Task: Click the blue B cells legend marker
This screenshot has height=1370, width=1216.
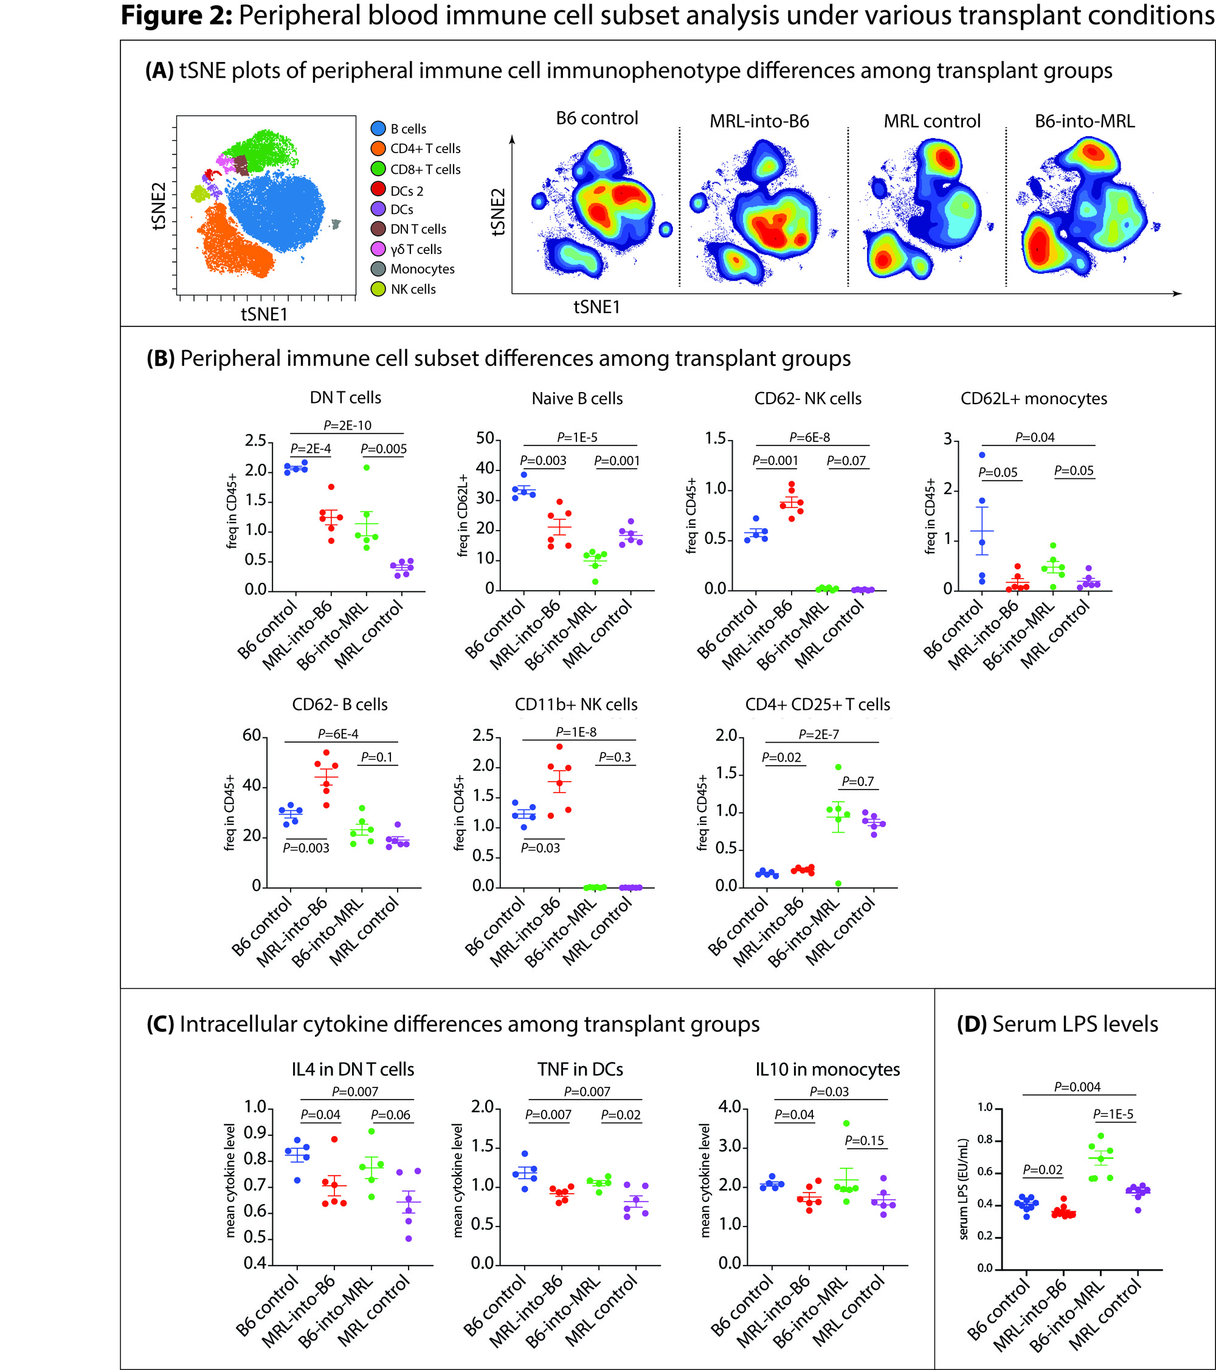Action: pyautogui.click(x=378, y=128)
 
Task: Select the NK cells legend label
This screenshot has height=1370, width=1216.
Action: pyautogui.click(x=413, y=289)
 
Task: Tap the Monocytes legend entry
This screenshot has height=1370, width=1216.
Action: pyautogui.click(x=423, y=269)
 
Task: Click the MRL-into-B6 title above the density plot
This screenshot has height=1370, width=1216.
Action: pyautogui.click(x=759, y=122)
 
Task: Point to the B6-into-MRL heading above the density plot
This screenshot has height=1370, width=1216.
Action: pyautogui.click(x=1084, y=122)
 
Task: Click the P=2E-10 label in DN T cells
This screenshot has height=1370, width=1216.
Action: pyautogui.click(x=347, y=425)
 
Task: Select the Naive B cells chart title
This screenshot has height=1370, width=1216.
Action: pyautogui.click(x=577, y=399)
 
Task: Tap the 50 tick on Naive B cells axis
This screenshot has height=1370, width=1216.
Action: pyautogui.click(x=485, y=439)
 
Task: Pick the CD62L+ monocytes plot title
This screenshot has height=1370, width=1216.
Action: pyautogui.click(x=1034, y=399)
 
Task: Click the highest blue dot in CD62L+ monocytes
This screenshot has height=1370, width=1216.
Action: pyautogui.click(x=982, y=455)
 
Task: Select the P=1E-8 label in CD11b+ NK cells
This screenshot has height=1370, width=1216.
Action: pyautogui.click(x=576, y=732)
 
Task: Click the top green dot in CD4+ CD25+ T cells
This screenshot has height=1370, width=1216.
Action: pyautogui.click(x=838, y=768)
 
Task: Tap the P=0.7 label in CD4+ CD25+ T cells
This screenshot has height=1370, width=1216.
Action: pyautogui.click(x=857, y=782)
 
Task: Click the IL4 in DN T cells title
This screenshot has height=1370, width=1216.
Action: pyautogui.click(x=353, y=1070)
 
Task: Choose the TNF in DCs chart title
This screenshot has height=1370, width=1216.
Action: pyautogui.click(x=580, y=1070)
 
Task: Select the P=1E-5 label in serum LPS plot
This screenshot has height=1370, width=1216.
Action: pyautogui.click(x=1113, y=1114)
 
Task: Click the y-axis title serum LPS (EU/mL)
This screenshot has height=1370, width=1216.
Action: pyautogui.click(x=964, y=1189)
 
